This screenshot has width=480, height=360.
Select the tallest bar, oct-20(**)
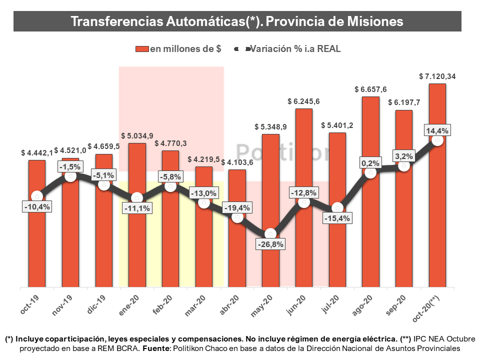437,225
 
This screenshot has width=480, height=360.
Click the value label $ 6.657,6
370,89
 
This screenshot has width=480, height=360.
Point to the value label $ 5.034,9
137,136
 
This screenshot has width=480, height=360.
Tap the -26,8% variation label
270,244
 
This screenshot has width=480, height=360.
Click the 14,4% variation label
437,130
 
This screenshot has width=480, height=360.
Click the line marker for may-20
270,233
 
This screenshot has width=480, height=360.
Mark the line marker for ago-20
370,172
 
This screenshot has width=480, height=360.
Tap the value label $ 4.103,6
237,162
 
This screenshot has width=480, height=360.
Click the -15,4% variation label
336,218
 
